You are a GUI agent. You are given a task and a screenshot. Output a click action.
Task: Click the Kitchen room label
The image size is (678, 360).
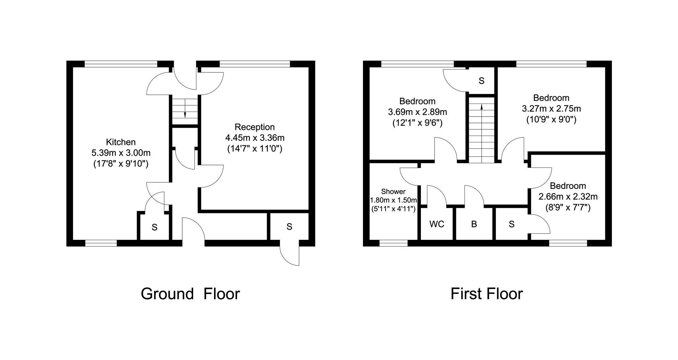(121, 142)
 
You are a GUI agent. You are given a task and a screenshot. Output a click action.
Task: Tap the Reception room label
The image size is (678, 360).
(255, 127)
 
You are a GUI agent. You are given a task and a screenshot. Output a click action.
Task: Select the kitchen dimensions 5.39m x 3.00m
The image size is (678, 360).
(121, 153)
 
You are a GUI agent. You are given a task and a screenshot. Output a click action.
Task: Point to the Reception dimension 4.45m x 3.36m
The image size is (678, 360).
(255, 137)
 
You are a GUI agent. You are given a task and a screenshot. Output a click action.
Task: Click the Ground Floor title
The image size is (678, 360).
(190, 294)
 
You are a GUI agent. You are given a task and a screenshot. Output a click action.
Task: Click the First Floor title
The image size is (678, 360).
(487, 294)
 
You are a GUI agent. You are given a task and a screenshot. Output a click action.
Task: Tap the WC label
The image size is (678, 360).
(437, 224)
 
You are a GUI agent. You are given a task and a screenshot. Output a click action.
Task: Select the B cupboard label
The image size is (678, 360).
(474, 224)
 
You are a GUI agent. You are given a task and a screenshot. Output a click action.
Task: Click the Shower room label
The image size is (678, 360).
(393, 192)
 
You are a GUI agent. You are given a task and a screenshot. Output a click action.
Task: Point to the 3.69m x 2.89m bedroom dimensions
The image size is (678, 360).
(417, 112)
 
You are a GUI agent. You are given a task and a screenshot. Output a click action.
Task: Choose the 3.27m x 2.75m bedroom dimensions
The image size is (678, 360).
(551, 108)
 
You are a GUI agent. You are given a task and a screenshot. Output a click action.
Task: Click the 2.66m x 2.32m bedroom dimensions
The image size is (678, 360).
(568, 196)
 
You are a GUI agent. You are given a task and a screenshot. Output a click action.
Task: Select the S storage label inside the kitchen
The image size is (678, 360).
(154, 227)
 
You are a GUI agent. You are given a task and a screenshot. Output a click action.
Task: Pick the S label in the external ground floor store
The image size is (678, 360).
(290, 226)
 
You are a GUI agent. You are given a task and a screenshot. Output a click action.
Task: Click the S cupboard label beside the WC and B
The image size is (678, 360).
(512, 224)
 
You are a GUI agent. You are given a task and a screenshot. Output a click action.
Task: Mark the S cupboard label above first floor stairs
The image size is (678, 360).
(481, 81)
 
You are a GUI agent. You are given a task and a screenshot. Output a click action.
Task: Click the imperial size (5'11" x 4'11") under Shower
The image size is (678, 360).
(393, 208)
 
